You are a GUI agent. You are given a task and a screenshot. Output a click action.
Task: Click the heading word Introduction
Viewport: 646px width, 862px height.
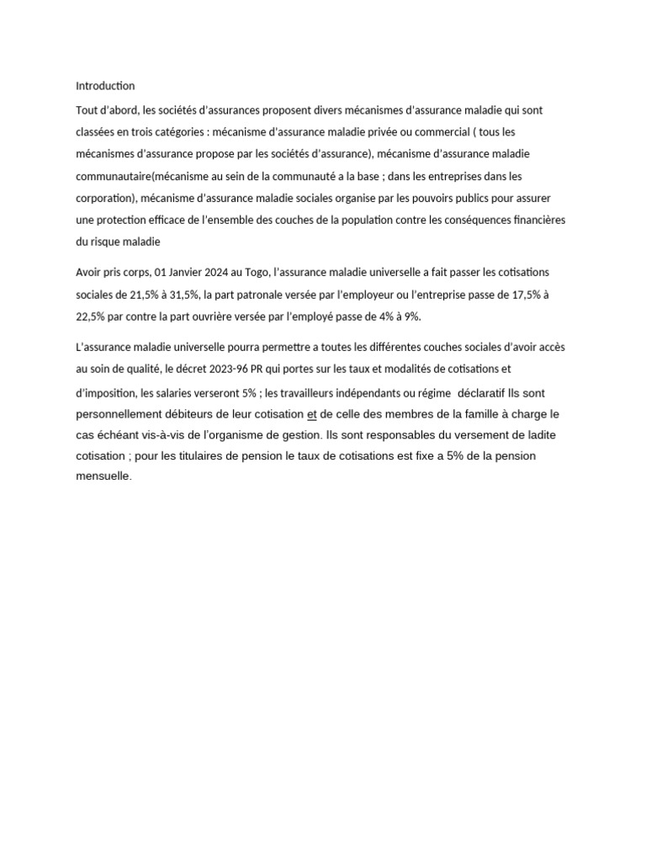click(105, 86)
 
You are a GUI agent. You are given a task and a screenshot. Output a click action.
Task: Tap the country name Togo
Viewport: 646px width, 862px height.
click(255, 273)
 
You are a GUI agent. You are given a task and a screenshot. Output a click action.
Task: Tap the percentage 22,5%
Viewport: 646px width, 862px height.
click(92, 317)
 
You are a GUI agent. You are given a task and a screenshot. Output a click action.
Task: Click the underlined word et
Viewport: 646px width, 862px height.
click(312, 415)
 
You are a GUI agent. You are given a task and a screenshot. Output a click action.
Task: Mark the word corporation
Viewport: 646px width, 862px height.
click(105, 198)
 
